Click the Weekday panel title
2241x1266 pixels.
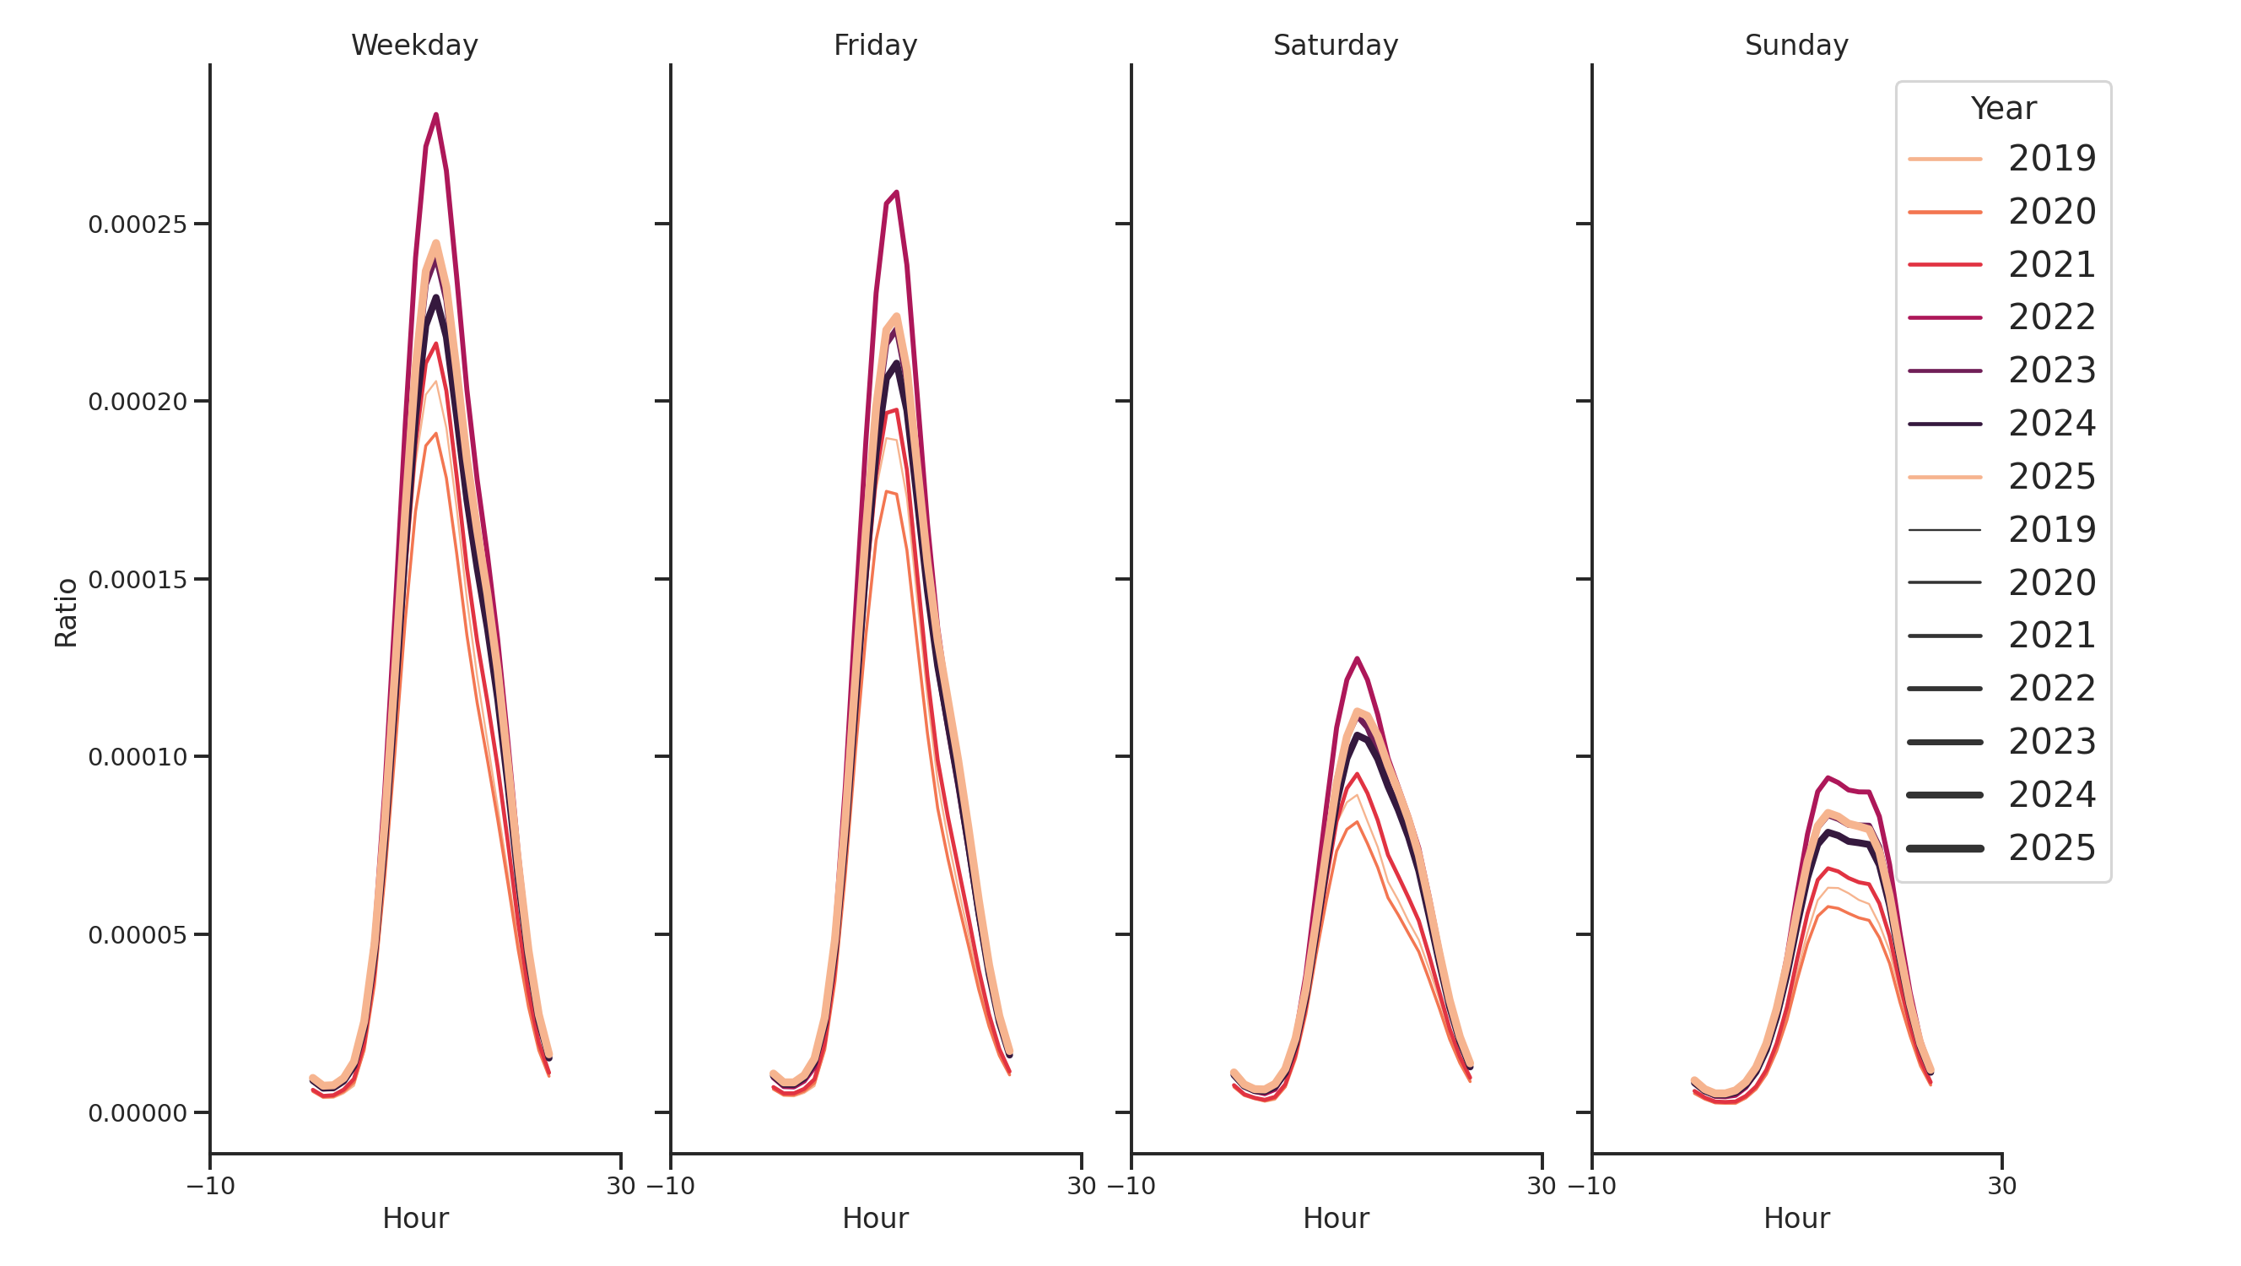(414, 46)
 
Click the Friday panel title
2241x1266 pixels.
(874, 46)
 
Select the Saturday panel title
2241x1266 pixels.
(1335, 46)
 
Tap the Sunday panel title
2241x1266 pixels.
(1795, 46)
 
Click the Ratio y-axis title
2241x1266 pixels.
(66, 613)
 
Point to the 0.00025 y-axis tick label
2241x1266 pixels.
(138, 225)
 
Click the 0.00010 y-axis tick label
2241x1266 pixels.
(138, 757)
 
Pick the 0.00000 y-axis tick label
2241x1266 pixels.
(138, 1113)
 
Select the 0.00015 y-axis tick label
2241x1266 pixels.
(138, 580)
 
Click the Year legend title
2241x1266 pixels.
(2002, 109)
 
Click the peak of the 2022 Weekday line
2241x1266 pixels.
(436, 115)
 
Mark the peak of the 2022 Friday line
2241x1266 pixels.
(896, 192)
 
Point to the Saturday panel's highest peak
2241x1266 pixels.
(1356, 658)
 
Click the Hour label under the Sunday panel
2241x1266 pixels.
(1795, 1218)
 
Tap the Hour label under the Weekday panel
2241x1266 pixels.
(415, 1218)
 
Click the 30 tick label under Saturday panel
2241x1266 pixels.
(1541, 1186)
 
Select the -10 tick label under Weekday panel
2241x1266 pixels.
(211, 1186)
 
